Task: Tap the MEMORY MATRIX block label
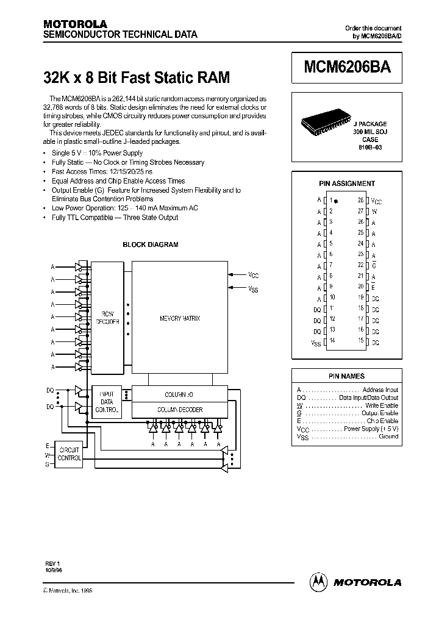(179, 318)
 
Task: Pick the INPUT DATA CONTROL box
(107, 402)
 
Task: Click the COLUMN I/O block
(179, 394)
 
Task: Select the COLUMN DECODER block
(179, 410)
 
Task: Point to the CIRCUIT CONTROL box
(68, 454)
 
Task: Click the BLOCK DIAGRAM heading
(150, 244)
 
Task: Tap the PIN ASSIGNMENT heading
(347, 184)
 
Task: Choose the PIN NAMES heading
(346, 376)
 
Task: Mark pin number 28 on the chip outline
(360, 200)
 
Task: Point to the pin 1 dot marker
(337, 201)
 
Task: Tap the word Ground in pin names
(388, 437)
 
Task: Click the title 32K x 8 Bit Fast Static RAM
(137, 78)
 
